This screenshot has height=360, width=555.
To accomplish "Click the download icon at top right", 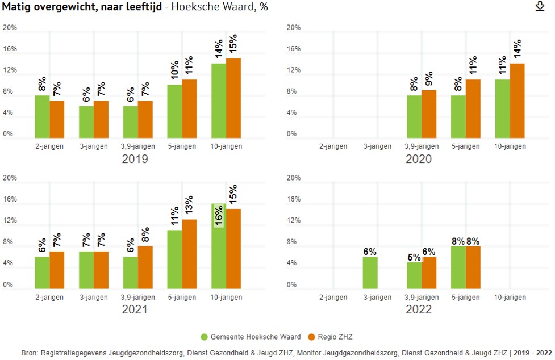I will click(540, 6).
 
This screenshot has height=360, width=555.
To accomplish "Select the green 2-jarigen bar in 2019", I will click(42, 116).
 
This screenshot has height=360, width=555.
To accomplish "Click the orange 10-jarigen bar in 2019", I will click(233, 98).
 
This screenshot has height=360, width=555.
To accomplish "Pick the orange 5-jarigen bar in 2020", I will click(473, 108).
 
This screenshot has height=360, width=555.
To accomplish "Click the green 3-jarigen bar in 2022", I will click(370, 273).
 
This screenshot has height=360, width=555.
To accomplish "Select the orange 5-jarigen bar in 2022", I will click(473, 267).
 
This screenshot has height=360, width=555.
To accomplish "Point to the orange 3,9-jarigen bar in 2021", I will click(145, 267).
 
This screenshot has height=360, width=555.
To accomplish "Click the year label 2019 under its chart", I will click(135, 159).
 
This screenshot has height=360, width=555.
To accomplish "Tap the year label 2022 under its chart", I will click(419, 309).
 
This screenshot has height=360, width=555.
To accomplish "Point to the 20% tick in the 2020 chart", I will click(293, 28).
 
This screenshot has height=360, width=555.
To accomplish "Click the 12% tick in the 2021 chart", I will click(10, 221).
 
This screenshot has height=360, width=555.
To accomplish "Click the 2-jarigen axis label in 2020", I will click(333, 146).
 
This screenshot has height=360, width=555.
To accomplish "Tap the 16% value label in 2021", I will click(219, 215).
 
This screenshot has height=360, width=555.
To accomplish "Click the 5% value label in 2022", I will click(414, 257).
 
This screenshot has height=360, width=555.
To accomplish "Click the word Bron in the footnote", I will click(30, 353).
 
